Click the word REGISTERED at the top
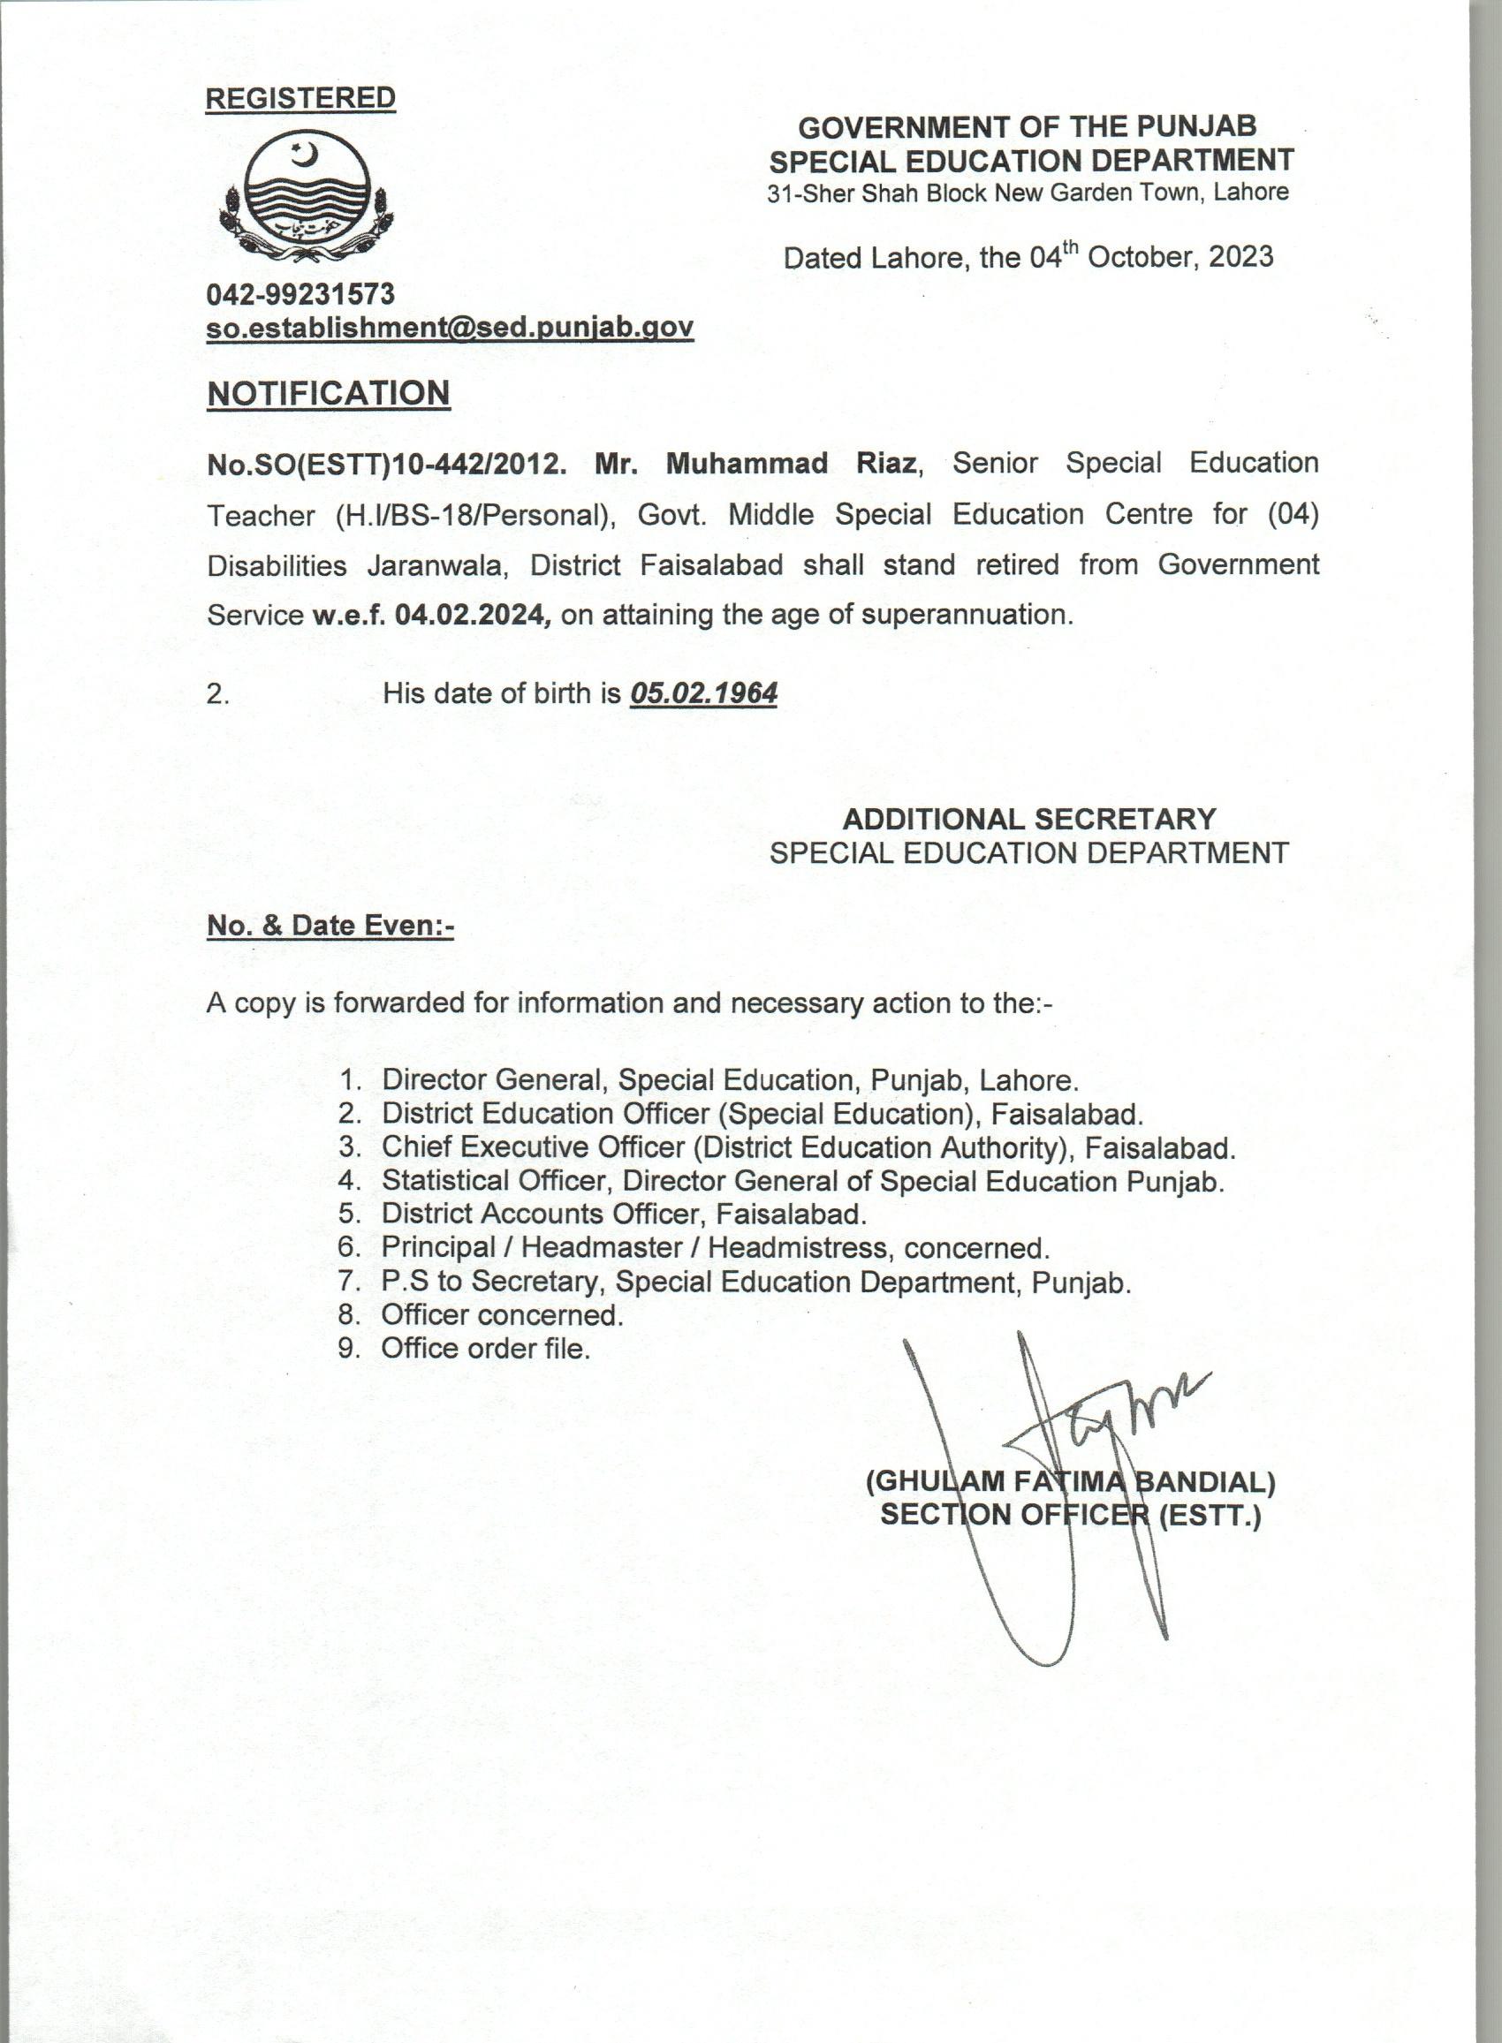tap(300, 98)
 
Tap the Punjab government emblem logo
tap(306, 193)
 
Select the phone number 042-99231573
tap(300, 293)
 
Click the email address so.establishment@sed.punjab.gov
tap(450, 328)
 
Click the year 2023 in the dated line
tap(1240, 257)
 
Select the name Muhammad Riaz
tap(790, 464)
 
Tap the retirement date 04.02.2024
tap(473, 616)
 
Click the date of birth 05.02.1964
tap(703, 693)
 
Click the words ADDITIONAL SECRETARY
tap(1028, 819)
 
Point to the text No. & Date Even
tap(330, 925)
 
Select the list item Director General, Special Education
tap(730, 1079)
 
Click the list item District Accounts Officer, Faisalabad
tap(624, 1214)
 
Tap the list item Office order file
tap(486, 1348)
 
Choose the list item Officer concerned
tap(502, 1314)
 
